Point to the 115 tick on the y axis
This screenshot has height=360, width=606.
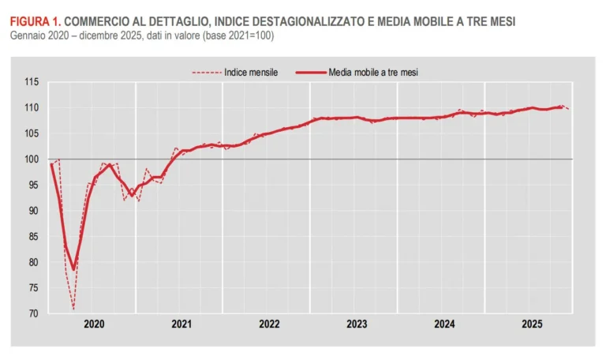point(32,82)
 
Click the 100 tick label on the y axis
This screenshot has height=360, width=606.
point(32,159)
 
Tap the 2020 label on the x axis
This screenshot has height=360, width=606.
point(93,324)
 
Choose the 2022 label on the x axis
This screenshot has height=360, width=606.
point(268,324)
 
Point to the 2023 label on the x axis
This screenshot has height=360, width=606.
point(356,324)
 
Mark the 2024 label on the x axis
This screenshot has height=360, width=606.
point(443,324)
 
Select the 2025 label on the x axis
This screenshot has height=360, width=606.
point(531,324)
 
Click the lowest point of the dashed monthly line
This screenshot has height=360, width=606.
point(73,309)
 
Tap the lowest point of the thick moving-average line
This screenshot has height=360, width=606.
point(73,269)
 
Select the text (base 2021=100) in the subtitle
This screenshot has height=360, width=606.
point(235,36)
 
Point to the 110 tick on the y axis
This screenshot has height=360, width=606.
point(32,107)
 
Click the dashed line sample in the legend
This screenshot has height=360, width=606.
point(207,72)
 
